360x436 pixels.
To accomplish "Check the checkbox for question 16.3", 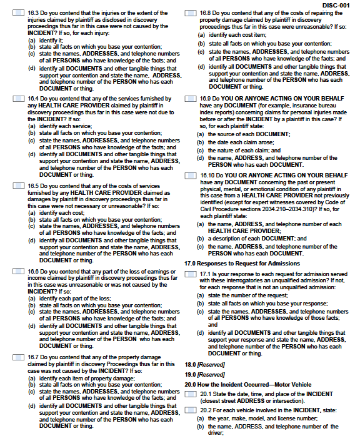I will pos(19,12).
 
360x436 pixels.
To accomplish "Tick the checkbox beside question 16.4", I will pos(19,99).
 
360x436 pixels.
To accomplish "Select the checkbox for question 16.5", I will pos(19,185).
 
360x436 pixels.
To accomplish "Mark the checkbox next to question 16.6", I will pos(19,271).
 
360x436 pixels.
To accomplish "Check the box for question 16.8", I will pos(191,12).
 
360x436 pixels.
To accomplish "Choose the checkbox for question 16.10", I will pos(191,176).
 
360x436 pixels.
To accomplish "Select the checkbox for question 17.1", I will pos(191,274).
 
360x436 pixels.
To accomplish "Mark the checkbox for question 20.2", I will pos(191,409).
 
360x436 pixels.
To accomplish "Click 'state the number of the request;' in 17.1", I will pos(247,295).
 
